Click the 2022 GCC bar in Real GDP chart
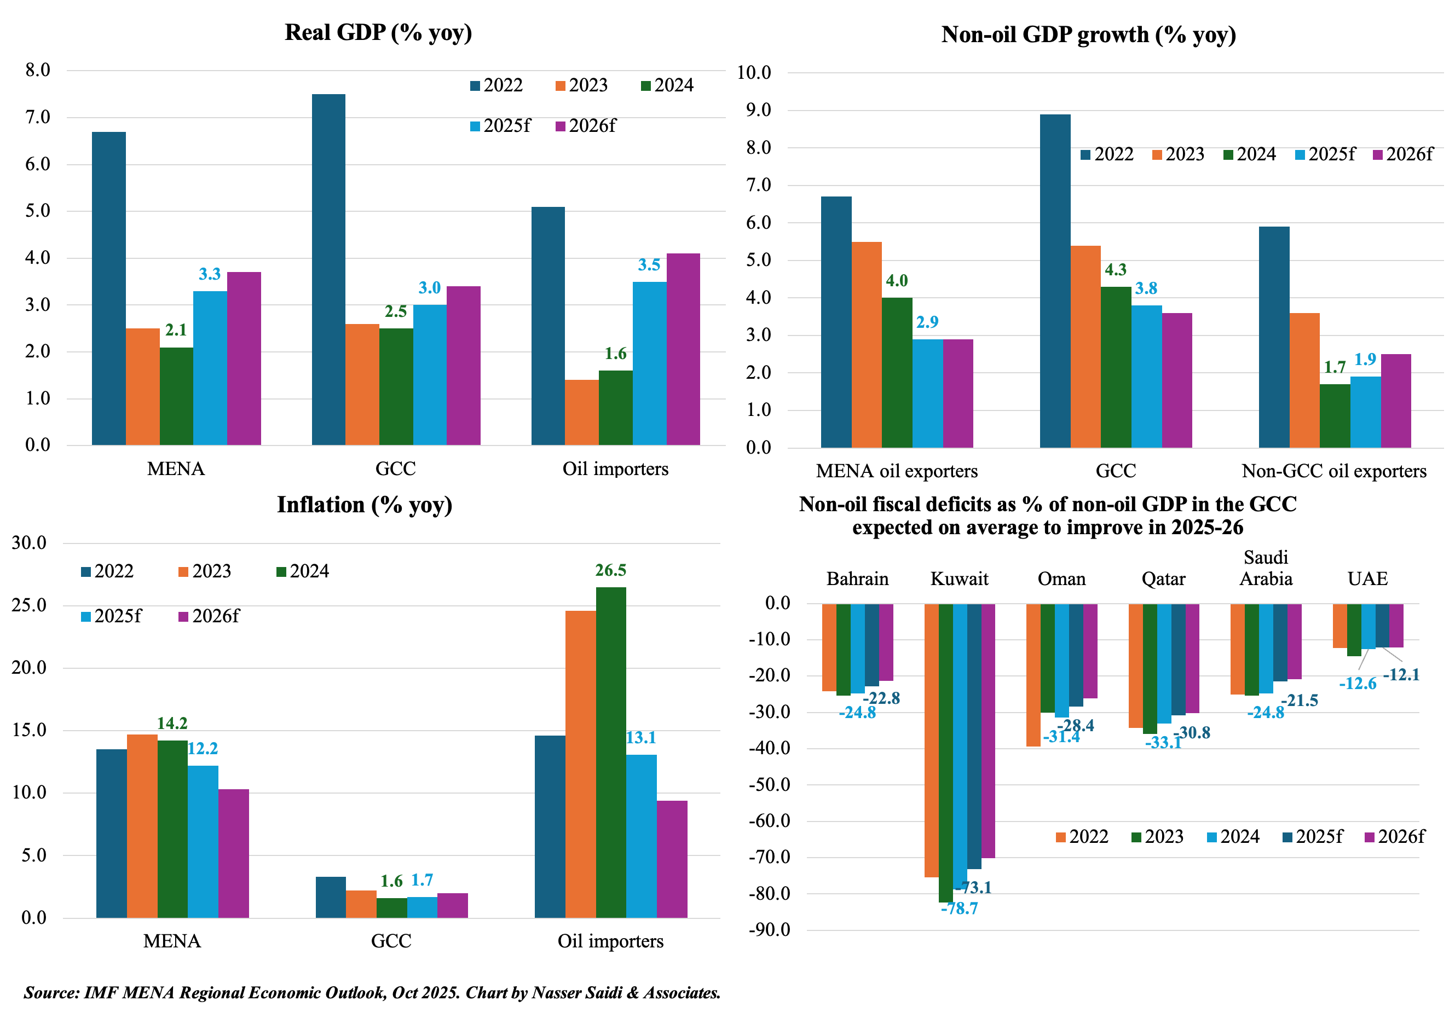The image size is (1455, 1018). (x=328, y=269)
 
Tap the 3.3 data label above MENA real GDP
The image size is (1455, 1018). (x=210, y=274)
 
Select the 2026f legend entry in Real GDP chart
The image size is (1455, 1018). (x=586, y=126)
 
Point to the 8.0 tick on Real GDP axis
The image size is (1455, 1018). (x=37, y=70)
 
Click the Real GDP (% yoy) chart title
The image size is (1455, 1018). (x=378, y=33)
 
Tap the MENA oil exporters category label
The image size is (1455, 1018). (x=897, y=471)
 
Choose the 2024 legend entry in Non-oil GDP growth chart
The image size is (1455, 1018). (x=1250, y=154)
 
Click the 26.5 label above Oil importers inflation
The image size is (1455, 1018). (x=610, y=571)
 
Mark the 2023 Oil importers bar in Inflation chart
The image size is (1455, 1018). (x=580, y=764)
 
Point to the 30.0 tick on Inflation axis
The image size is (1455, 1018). (x=29, y=543)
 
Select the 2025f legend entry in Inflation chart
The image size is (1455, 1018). (x=112, y=616)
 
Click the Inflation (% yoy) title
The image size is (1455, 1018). (x=365, y=505)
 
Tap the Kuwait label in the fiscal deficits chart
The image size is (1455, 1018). (x=959, y=579)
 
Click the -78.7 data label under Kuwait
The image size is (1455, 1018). (x=959, y=909)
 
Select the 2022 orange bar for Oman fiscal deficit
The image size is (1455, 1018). (x=1033, y=675)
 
